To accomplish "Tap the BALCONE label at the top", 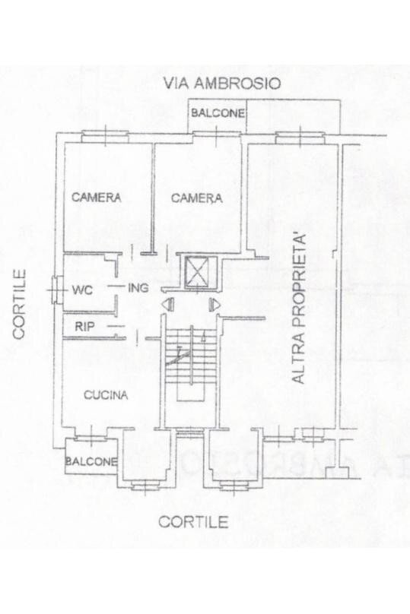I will coord(218,113).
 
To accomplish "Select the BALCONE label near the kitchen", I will coord(91,461).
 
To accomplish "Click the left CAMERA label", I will coord(97,198).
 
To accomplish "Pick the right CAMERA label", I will coord(196,198).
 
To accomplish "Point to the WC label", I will coord(82,290).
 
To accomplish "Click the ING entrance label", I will coord(138,287).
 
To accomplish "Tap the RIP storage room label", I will coord(84,327).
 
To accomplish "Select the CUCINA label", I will coord(105,395).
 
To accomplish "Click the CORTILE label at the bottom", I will coord(193,522).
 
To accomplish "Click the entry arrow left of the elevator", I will coord(168,305).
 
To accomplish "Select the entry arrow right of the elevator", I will coord(215,305).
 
